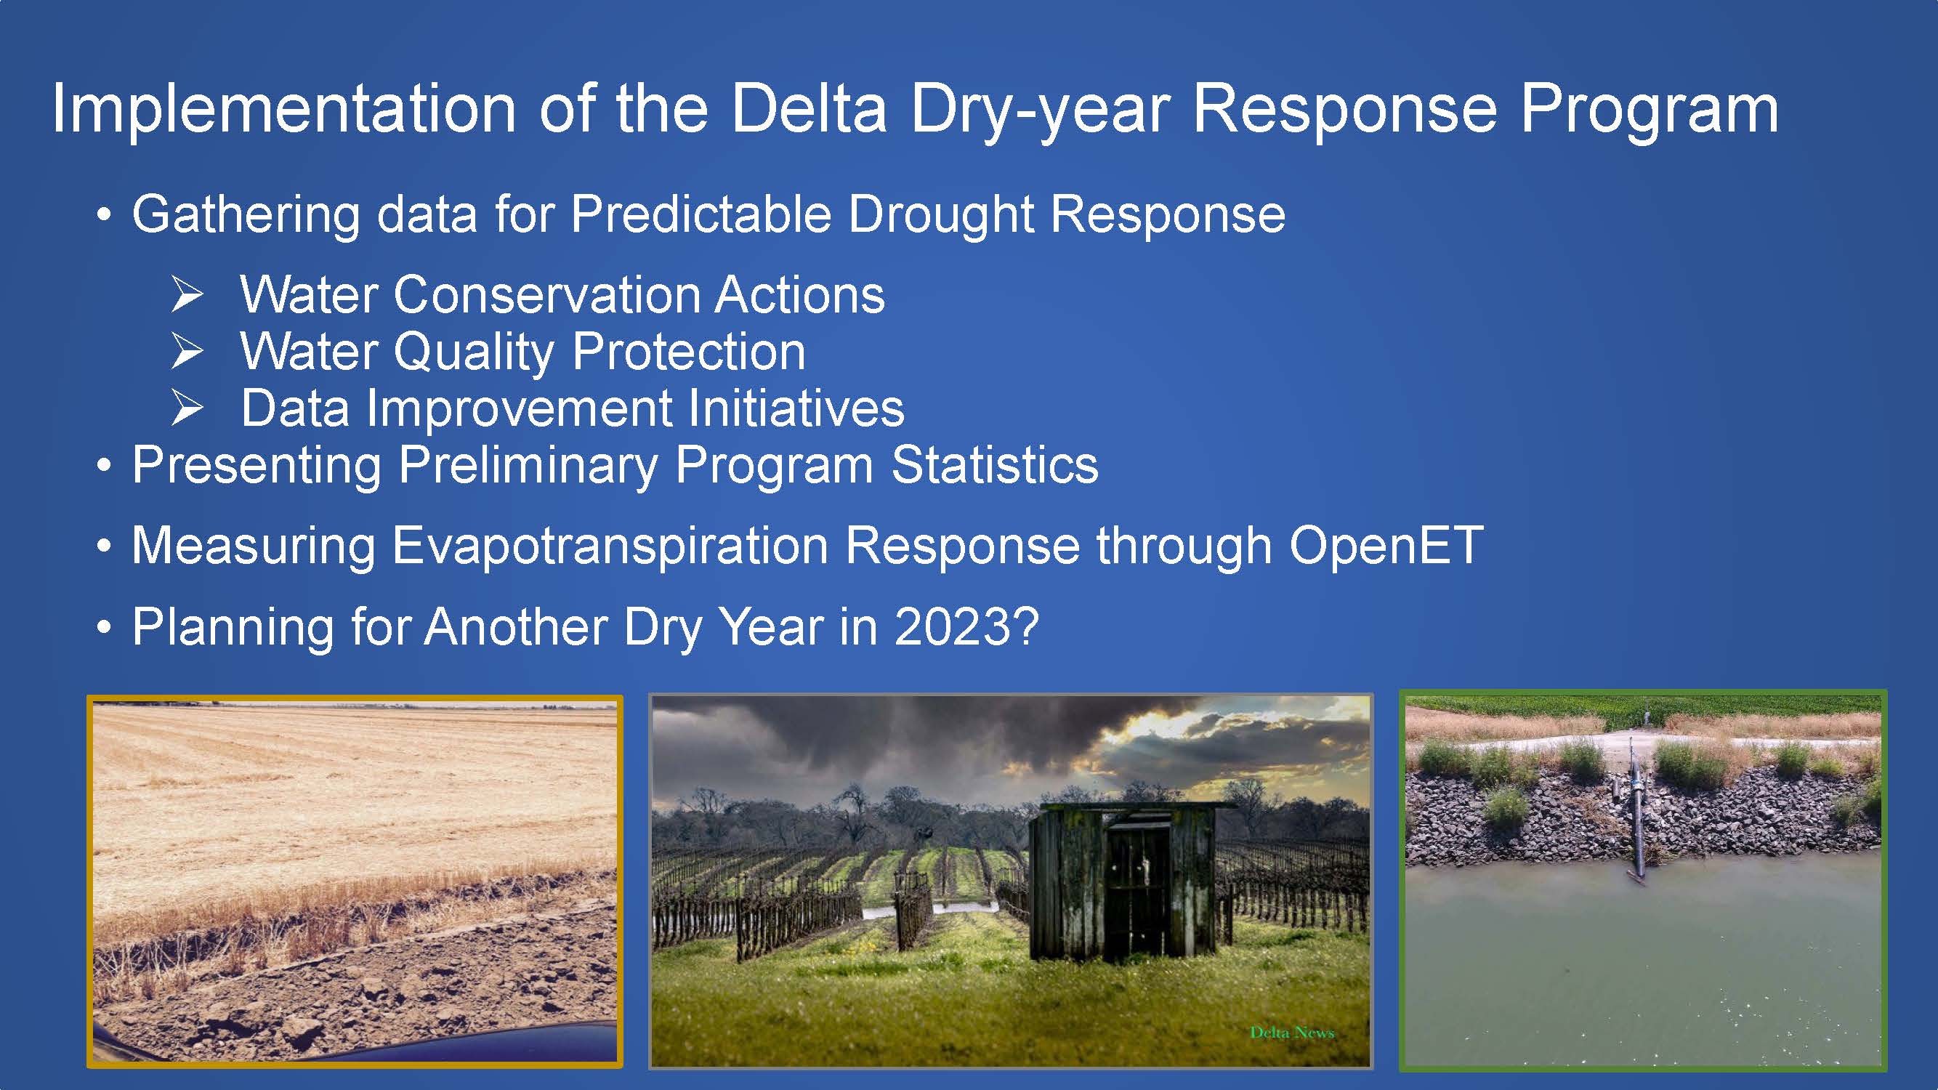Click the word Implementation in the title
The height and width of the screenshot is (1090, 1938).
[x=283, y=110]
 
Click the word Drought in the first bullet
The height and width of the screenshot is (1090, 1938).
[x=940, y=214]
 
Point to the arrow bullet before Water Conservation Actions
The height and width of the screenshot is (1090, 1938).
[x=187, y=294]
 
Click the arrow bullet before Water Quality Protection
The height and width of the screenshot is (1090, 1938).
[x=187, y=351]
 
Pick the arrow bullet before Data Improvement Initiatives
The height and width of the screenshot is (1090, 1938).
[x=187, y=408]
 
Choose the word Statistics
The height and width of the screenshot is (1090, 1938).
[x=995, y=465]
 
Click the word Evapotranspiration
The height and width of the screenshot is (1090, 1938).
[x=610, y=546]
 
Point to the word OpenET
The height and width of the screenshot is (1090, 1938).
[x=1386, y=546]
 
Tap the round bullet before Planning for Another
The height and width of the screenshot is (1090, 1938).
[x=105, y=627]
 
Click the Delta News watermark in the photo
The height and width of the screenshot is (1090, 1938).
[x=1292, y=1033]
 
